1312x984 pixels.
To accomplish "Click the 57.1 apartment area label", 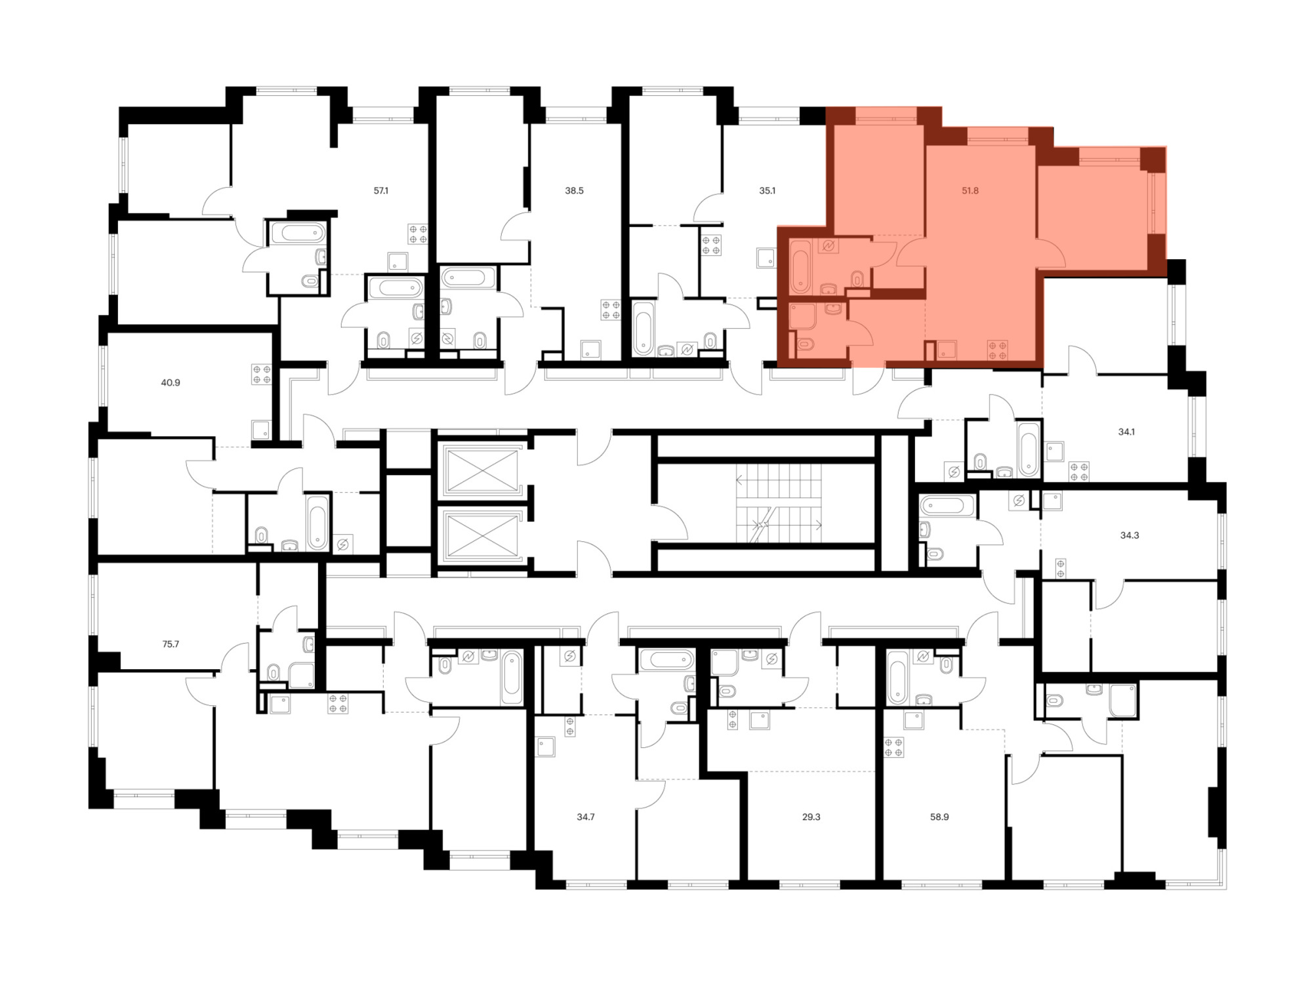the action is [381, 191].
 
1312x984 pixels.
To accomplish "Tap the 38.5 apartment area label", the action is [574, 191].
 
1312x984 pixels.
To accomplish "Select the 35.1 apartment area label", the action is [767, 191].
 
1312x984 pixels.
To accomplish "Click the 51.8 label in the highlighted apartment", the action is [970, 191].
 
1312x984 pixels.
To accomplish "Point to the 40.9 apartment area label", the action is [171, 382].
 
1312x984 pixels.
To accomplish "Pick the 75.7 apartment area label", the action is [171, 644].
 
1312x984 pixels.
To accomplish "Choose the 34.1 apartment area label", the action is [1126, 432].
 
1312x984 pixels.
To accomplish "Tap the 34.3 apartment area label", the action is [1129, 535].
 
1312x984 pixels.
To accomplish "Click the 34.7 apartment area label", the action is [585, 817].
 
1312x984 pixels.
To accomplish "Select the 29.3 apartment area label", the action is [811, 817].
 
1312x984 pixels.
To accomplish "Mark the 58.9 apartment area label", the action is [939, 817].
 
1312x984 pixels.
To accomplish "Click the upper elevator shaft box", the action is [482, 470].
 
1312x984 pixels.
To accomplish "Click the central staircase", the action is [778, 503].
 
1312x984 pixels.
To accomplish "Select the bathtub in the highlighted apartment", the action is [800, 267].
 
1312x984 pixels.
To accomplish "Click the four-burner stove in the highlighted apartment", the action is [998, 350].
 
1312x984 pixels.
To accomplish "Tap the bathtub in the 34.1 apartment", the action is [1029, 449].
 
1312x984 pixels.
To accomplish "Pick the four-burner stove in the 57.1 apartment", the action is [418, 234].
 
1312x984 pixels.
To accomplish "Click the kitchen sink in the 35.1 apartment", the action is [766, 258].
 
